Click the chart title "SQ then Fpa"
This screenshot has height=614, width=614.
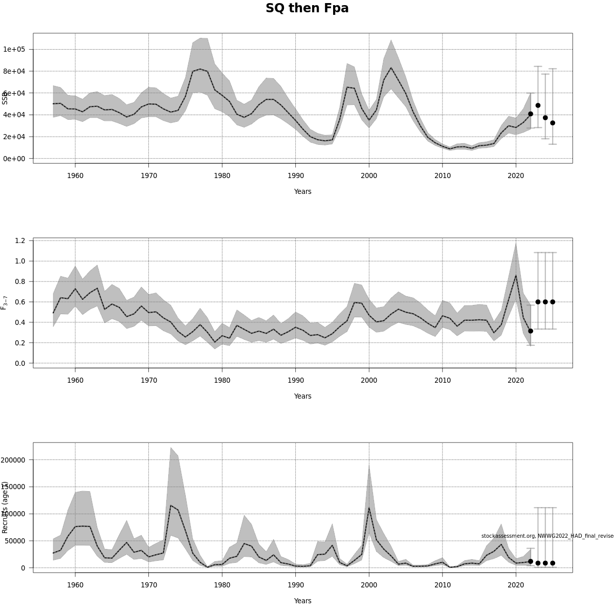(x=307, y=9)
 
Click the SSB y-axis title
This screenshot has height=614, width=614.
(x=5, y=98)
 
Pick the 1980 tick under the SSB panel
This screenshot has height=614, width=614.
(x=222, y=176)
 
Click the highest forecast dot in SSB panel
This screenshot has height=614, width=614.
(x=538, y=105)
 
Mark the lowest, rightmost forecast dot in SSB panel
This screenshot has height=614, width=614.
(x=553, y=123)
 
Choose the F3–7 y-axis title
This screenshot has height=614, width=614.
(x=5, y=302)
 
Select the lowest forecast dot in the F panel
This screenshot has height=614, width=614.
(x=531, y=331)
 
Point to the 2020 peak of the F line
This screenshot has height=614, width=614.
(x=516, y=275)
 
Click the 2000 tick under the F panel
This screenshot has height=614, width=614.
(x=369, y=380)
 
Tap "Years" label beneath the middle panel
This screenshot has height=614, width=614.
(x=302, y=396)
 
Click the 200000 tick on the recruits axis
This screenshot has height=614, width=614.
(x=13, y=459)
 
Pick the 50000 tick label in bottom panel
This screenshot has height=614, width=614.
(x=15, y=541)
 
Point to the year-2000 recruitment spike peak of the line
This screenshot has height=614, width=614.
(x=369, y=508)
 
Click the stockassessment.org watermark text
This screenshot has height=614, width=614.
(x=546, y=536)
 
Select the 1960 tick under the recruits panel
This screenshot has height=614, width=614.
(x=75, y=585)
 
